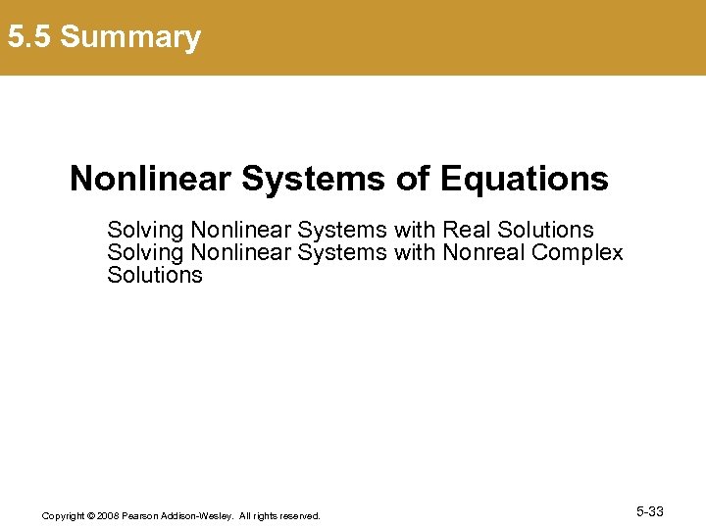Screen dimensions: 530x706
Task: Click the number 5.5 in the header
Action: (29, 37)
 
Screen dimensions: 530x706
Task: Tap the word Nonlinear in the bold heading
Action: (150, 179)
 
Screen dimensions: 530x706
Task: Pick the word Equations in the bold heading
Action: (525, 179)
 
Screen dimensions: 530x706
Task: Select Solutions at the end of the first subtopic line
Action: (546, 230)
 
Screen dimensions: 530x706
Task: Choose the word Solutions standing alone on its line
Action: (155, 275)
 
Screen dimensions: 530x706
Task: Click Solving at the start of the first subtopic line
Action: (145, 230)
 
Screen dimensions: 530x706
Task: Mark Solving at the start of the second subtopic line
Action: (145, 252)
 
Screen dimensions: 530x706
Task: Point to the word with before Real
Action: (416, 230)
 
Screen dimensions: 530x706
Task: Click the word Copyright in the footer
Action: (63, 515)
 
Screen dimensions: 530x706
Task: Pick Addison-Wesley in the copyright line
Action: (199, 515)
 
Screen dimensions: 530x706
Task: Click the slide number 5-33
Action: (649, 511)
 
